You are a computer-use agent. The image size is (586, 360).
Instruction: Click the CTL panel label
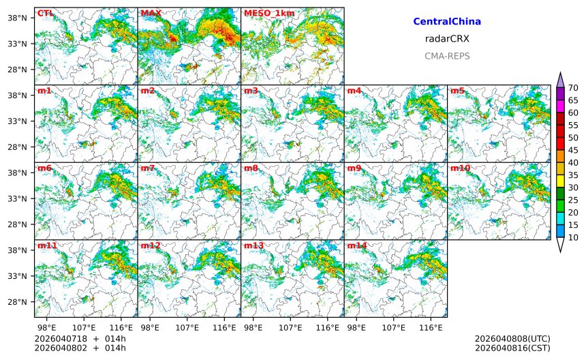[x=46, y=13]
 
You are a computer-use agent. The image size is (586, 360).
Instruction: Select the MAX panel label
[x=151, y=13]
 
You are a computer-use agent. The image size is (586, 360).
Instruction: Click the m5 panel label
[x=457, y=91]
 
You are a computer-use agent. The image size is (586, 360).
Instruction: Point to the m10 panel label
[x=460, y=168]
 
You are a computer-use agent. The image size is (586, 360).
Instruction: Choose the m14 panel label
[x=357, y=245]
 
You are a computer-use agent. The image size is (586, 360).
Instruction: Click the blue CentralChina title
[x=447, y=22]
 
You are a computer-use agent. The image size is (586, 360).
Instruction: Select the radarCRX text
[x=447, y=39]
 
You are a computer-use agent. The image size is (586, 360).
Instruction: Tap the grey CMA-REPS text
[x=447, y=56]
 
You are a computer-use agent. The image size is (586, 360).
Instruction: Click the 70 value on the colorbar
[x=573, y=87]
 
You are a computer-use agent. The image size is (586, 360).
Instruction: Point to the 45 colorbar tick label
[x=573, y=150]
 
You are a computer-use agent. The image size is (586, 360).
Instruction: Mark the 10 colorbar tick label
[x=573, y=238]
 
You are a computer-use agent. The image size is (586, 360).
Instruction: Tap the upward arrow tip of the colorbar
[x=560, y=73]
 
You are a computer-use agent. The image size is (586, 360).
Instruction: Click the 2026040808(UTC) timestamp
[x=512, y=339]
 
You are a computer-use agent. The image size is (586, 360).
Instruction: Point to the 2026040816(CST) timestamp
[x=512, y=348]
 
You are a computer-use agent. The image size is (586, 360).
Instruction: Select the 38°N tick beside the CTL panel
[x=16, y=18]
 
